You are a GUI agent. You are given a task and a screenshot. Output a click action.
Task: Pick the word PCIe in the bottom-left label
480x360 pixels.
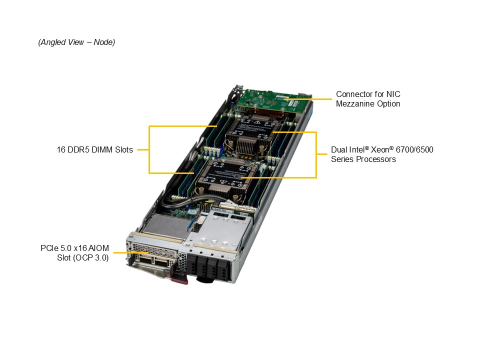point(50,248)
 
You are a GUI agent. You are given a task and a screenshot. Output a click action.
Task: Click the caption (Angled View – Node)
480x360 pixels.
point(76,42)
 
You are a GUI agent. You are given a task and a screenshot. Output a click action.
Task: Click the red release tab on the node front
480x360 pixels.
point(179,277)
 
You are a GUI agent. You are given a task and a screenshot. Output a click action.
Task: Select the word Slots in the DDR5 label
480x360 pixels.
point(123,149)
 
